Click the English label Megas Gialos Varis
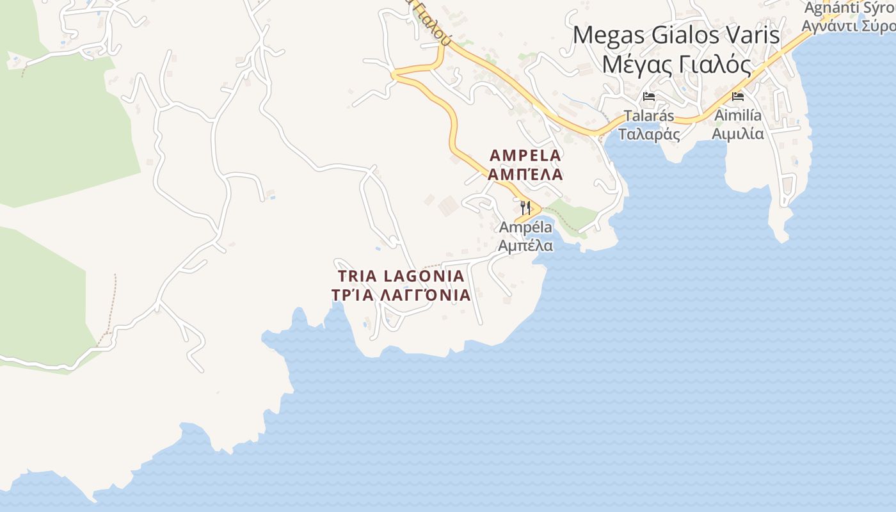click(676, 35)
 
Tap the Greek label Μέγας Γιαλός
click(676, 64)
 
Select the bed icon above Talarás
click(649, 97)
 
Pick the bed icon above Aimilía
click(738, 97)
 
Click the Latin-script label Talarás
click(649, 116)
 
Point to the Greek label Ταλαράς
click(649, 134)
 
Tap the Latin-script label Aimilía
click(738, 116)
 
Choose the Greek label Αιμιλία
click(738, 134)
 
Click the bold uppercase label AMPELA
click(525, 155)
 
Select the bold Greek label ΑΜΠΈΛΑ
click(525, 174)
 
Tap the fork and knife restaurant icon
click(525, 207)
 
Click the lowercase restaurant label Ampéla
click(525, 227)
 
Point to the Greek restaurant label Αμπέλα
click(525, 245)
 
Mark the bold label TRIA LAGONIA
click(401, 276)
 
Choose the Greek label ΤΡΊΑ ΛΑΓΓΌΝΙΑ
click(401, 295)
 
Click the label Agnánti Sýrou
click(849, 8)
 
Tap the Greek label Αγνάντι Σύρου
click(849, 27)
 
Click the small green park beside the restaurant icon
click(572, 216)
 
